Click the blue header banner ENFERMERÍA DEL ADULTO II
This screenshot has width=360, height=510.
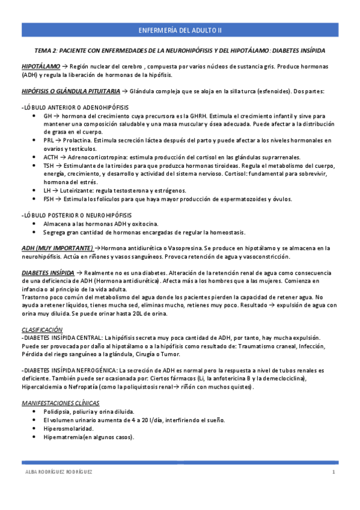tap(180, 29)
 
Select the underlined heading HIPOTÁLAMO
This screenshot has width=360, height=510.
tap(41, 66)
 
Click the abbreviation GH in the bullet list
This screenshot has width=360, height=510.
tap(48, 115)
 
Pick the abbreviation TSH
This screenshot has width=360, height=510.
tap(49, 165)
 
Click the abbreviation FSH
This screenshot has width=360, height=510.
tap(49, 198)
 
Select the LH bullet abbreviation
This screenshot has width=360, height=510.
tap(47, 190)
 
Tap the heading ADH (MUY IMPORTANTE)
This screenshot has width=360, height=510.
tap(57, 248)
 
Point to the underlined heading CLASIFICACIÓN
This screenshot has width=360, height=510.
tap(42, 330)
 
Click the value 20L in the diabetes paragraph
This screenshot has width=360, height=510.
tap(136, 314)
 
